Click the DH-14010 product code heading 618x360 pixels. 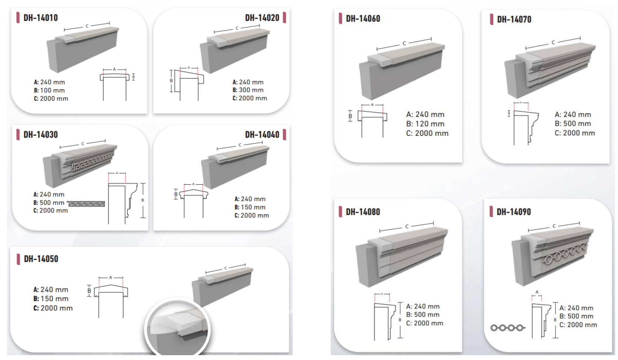[x=41, y=18]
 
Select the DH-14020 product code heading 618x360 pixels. [x=262, y=18]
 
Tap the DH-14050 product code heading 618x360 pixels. [x=41, y=259]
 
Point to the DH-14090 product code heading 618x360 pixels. [x=514, y=212]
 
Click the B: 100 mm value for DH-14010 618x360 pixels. [x=49, y=90]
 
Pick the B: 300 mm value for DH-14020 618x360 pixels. [x=248, y=90]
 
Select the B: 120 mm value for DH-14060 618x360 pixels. [x=425, y=124]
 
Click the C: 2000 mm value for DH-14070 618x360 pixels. [x=575, y=133]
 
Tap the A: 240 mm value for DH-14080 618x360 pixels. [x=422, y=306]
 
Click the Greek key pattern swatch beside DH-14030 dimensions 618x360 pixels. [x=86, y=204]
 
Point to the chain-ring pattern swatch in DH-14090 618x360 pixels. [x=508, y=328]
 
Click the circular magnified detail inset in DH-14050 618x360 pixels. [x=177, y=328]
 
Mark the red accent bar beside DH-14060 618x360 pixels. [x=340, y=18]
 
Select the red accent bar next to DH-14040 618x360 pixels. [x=284, y=135]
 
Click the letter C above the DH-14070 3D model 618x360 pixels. [x=553, y=43]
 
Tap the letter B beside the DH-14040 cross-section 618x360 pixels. [x=176, y=194]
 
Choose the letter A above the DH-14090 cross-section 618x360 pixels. [x=537, y=292]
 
